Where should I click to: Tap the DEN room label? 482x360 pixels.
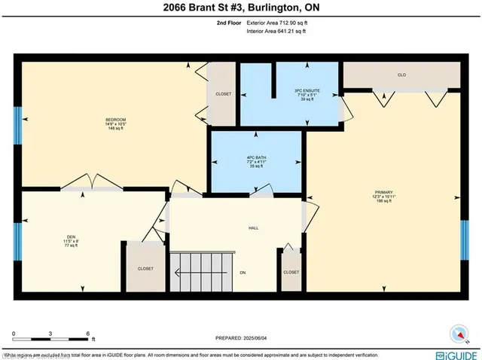(72, 241)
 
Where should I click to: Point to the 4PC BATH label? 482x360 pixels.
(258, 163)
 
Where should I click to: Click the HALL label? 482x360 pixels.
(254, 227)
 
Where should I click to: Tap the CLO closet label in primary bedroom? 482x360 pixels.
(401, 75)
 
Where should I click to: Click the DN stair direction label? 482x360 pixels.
(243, 272)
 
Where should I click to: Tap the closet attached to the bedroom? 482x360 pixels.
(223, 95)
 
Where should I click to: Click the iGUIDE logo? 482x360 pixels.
(450, 353)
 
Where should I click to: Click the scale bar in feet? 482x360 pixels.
(50, 339)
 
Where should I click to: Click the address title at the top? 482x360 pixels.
(241, 9)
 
